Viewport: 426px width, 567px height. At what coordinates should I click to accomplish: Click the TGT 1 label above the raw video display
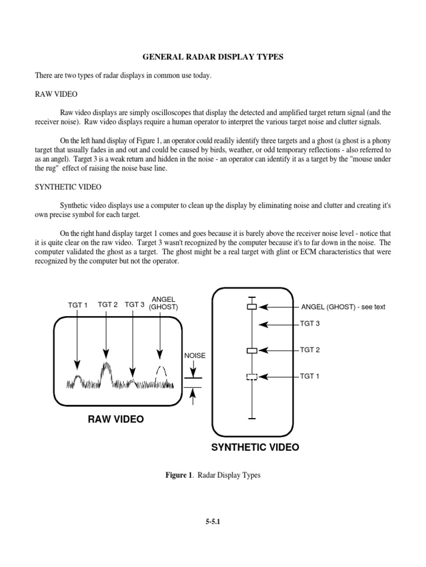(x=78, y=305)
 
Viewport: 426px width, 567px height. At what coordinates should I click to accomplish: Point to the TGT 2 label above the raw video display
(x=108, y=305)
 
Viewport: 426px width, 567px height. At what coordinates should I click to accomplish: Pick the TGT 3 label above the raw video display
(x=135, y=305)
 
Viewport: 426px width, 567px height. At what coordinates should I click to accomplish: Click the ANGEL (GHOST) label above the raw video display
(x=164, y=303)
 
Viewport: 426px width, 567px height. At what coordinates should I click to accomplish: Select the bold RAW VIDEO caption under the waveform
(x=115, y=420)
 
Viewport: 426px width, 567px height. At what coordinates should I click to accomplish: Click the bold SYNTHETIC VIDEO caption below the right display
(x=255, y=447)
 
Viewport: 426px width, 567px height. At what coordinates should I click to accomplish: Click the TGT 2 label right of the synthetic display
(x=310, y=350)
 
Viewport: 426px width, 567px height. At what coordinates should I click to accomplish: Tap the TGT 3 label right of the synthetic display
(x=310, y=324)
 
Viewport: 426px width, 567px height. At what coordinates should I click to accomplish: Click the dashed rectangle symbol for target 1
(x=252, y=377)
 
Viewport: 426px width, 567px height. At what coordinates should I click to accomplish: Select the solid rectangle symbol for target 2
(x=252, y=350)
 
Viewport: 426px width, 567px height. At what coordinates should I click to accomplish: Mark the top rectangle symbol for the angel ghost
(x=252, y=307)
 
